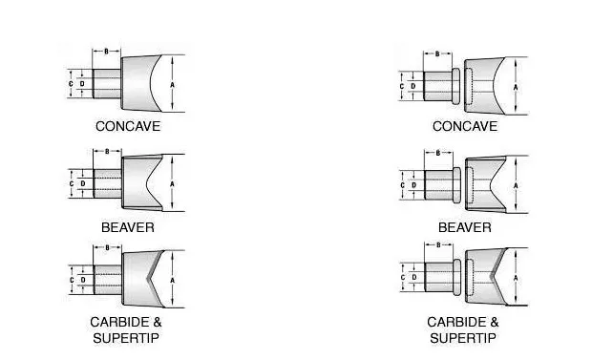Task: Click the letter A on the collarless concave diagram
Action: coord(172,84)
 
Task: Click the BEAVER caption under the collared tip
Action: coord(465,228)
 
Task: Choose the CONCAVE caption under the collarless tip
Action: coord(128,125)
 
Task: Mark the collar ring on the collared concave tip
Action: coord(455,86)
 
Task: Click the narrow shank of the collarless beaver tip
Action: coord(107,181)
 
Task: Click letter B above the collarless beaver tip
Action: coord(105,151)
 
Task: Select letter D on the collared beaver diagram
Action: coord(412,181)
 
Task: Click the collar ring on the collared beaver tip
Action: coord(455,181)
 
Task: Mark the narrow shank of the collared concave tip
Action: coord(437,86)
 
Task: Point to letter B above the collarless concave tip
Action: coord(105,53)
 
